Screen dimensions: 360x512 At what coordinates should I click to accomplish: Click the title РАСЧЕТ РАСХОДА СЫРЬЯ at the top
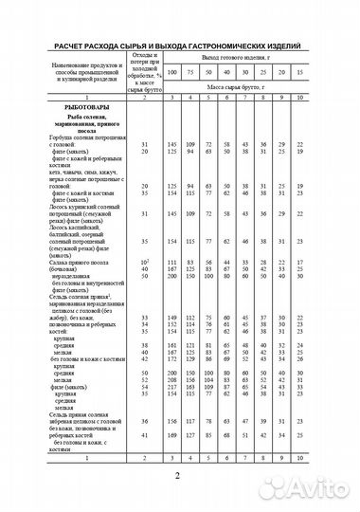tap(179, 45)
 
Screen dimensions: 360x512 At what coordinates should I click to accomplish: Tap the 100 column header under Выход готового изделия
tap(173, 72)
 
